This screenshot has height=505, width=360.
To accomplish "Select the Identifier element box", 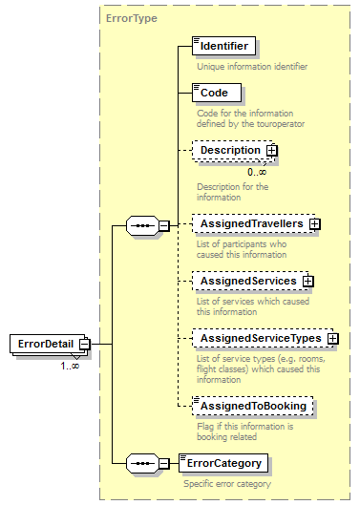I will tap(223, 45).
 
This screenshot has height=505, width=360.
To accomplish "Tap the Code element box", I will tap(215, 93).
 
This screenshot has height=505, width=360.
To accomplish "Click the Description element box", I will tap(229, 150).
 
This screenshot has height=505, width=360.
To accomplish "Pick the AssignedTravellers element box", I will tap(250, 223).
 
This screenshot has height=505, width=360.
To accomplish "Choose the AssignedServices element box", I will tap(247, 282).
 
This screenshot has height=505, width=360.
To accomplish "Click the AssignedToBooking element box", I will tap(252, 406).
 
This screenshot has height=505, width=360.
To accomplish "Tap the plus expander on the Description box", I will tap(272, 150).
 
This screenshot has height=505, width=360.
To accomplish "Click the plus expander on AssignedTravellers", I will tap(314, 223).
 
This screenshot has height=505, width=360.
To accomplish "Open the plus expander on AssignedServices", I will tap(308, 282).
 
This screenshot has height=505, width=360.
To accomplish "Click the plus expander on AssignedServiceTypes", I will tap(332, 338).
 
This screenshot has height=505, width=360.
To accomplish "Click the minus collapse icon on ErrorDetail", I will tap(85, 344).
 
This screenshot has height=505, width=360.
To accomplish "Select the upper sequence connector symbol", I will tap(141, 225).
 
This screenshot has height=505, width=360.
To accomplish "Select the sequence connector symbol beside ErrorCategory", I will tap(141, 464).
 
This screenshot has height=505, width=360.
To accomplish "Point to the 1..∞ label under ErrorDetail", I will tap(70, 366).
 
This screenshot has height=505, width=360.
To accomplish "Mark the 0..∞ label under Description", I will tap(258, 172).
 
